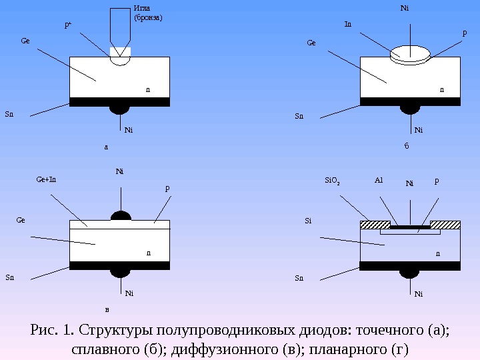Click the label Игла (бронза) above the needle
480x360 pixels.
coord(148,13)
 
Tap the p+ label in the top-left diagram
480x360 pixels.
coord(67,25)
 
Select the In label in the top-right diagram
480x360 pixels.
coord(347,24)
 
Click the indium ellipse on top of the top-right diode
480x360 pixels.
coord(411,53)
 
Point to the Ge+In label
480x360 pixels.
coord(46,179)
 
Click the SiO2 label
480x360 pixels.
coord(332,181)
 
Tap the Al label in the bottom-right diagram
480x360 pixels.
coord(379,180)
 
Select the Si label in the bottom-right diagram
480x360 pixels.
coord(309,219)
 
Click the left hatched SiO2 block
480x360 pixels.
coord(375,225)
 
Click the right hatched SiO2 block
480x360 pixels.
coord(445,225)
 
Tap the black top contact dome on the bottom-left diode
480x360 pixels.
coord(121,216)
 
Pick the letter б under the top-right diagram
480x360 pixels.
coord(407,146)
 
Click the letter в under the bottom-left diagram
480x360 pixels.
coord(107,309)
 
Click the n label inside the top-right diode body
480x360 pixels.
coord(441,88)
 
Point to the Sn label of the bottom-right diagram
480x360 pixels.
coord(299,277)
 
